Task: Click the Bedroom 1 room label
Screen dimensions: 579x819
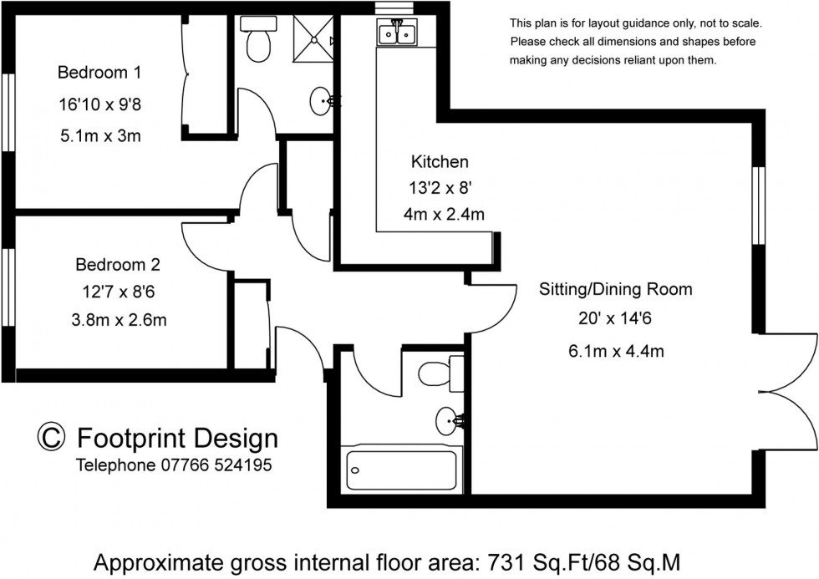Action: pos(99,73)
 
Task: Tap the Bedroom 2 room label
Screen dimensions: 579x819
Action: pos(117,266)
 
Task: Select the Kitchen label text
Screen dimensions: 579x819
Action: pos(439,161)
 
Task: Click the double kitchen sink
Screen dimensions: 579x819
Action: pos(398,34)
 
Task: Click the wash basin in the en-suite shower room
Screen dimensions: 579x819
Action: pos(322,102)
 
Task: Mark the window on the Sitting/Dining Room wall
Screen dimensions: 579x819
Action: pos(759,205)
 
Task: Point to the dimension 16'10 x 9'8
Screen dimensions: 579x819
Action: pos(99,104)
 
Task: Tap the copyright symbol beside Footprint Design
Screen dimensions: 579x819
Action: pos(51,437)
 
